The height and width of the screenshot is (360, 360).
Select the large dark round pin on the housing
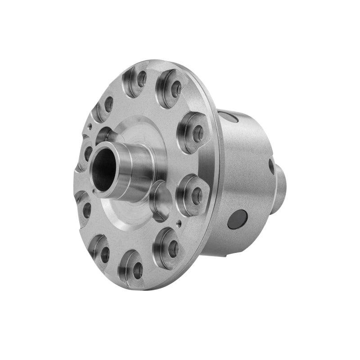click(237, 219)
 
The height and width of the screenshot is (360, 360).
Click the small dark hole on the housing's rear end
click(271, 166)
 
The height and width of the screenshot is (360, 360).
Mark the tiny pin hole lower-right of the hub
click(179, 221)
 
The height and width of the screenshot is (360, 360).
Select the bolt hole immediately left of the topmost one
click(108, 104)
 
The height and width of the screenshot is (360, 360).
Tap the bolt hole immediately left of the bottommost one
click(105, 254)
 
